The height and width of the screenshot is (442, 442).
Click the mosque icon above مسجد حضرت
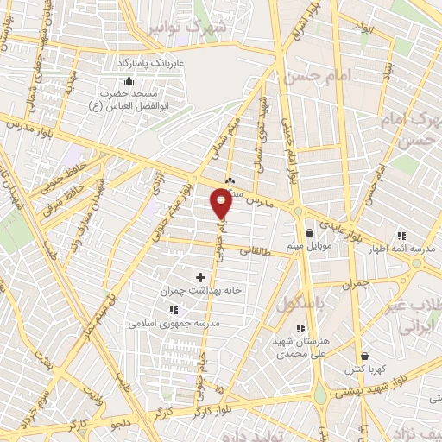click(129, 80)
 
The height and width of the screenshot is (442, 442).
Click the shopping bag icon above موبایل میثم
click(310, 230)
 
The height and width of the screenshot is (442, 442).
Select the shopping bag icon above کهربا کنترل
click(365, 356)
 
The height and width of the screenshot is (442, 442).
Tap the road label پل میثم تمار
click(98, 320)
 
